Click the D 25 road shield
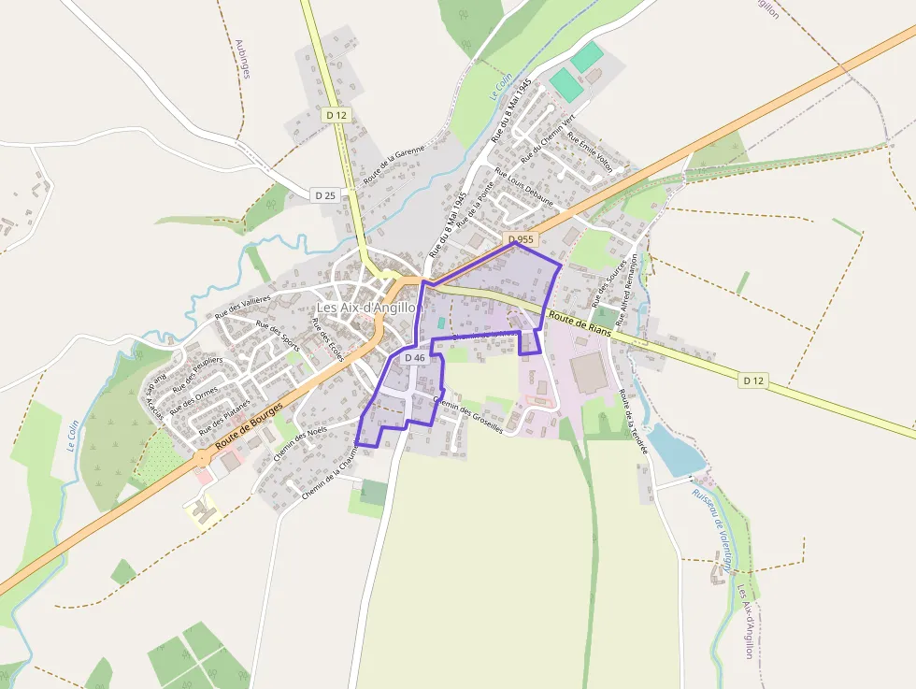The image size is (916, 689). point(324,195)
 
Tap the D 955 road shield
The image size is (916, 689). point(521,239)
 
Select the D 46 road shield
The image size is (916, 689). point(415,358)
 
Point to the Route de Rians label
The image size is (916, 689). point(580,323)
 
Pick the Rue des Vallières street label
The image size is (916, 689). point(242,307)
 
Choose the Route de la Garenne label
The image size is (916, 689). point(394,165)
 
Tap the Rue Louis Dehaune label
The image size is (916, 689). point(523,187)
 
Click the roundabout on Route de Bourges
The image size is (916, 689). point(202,458)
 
